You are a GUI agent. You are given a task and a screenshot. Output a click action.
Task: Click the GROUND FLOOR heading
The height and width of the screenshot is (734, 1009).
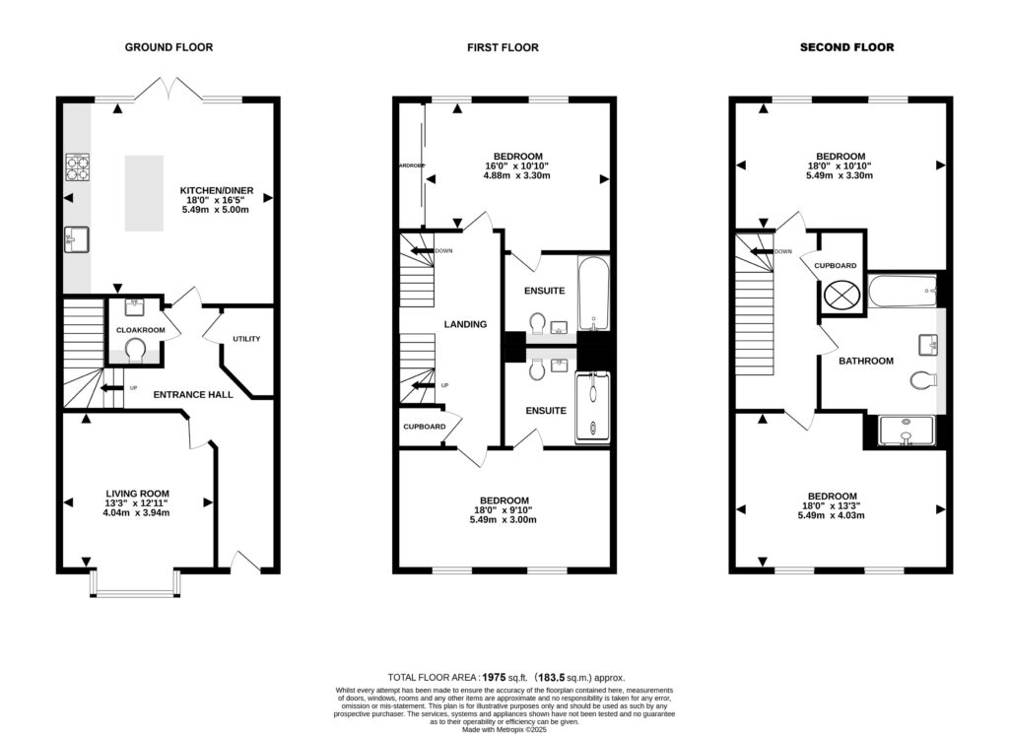point(168,47)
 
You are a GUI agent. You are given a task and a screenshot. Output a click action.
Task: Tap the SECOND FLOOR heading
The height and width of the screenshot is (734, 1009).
point(846,47)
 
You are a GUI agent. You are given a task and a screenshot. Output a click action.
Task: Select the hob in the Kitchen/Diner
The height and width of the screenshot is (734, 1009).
point(78,168)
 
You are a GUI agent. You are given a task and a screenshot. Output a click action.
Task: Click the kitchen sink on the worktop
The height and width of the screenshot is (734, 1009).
point(77,238)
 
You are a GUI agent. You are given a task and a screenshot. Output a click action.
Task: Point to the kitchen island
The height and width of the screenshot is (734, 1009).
point(143,193)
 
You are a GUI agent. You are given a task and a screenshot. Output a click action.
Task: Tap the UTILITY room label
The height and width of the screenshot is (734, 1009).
point(246,339)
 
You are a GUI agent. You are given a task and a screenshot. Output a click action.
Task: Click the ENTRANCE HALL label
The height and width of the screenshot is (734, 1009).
point(193,394)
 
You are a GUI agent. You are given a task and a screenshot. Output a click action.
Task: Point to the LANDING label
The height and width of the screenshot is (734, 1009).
point(465,324)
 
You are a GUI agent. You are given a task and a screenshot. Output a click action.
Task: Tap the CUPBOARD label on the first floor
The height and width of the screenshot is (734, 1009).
point(425,427)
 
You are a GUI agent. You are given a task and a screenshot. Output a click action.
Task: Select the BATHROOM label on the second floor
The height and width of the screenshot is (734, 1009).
point(866,361)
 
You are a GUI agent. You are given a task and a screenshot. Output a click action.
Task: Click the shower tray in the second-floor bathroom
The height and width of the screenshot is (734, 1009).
point(903,431)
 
